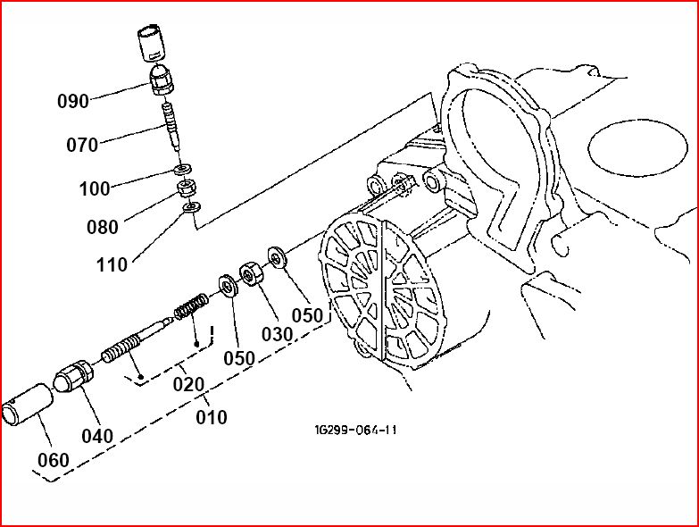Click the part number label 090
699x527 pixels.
tap(73, 101)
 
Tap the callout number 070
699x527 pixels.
tap(82, 145)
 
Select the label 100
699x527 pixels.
tap(95, 189)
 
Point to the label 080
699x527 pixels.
tap(103, 227)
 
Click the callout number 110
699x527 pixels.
tap(112, 264)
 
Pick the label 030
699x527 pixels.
tap(278, 334)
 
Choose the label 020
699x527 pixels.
tap(188, 384)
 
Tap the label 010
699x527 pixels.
tap(212, 417)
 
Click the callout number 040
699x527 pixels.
tap(97, 436)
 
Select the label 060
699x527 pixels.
tap(53, 460)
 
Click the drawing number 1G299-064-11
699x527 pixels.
tap(355, 430)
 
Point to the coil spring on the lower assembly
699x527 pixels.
tap(190, 305)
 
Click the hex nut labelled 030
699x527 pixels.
tap(252, 273)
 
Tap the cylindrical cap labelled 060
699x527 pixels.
tap(28, 404)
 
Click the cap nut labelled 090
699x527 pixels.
tap(161, 80)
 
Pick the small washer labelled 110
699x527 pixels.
tap(193, 207)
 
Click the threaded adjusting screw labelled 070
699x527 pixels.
tap(172, 126)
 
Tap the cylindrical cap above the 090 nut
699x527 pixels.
tap(151, 43)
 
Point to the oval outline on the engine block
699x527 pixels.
tap(638, 147)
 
